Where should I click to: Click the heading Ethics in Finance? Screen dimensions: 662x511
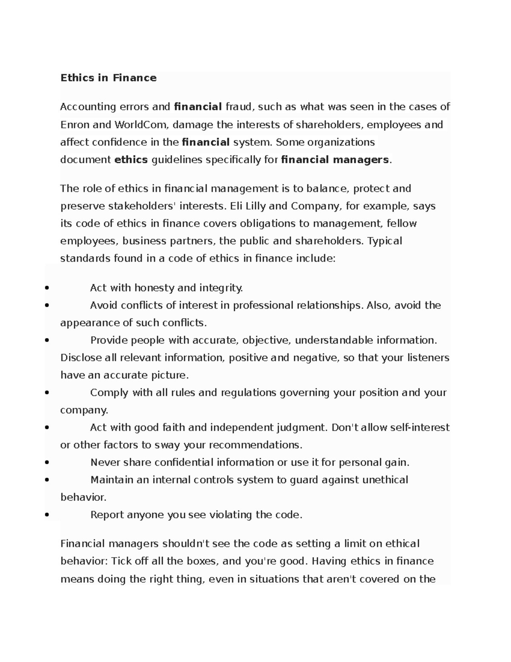coord(108,78)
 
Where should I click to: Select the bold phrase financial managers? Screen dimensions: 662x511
coord(335,159)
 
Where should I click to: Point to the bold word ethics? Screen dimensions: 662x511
coord(131,159)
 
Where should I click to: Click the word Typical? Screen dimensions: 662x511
coord(385,241)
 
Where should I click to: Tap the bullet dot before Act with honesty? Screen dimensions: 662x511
coord(46,288)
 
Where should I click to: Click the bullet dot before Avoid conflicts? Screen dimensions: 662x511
coord(46,306)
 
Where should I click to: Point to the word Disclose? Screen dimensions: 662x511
coord(81,358)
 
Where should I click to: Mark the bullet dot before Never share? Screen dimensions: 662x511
coord(46,463)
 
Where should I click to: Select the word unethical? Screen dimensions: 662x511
coord(385,480)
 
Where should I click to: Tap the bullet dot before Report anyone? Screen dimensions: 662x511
coord(46,515)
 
